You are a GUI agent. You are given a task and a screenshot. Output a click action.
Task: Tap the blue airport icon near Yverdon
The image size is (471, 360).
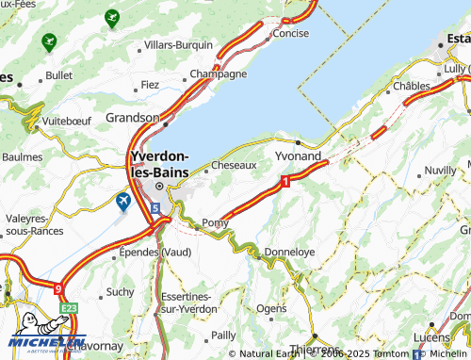pyautogui.click(x=122, y=201)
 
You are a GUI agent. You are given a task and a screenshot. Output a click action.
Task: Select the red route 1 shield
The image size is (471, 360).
pyautogui.click(x=284, y=178)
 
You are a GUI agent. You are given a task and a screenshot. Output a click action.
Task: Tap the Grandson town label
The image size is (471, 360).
pyautogui.click(x=133, y=118)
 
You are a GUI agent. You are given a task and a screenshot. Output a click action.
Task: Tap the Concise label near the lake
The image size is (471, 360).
pyautogui.click(x=290, y=33)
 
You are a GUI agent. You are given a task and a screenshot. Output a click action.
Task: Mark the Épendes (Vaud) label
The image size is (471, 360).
pyautogui.click(x=155, y=253)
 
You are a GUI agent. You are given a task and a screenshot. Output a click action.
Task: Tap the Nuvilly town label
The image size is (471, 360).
pyautogui.click(x=440, y=170)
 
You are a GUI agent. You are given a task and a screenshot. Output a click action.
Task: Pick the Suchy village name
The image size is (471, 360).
pyautogui.click(x=120, y=292)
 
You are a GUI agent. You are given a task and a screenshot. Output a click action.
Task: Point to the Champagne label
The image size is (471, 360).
pyautogui.click(x=219, y=74)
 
